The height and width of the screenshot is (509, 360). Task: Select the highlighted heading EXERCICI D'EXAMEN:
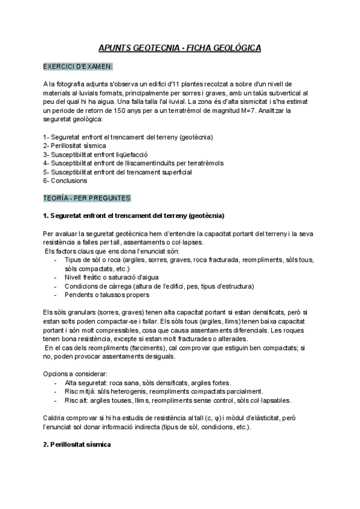coord(78,66)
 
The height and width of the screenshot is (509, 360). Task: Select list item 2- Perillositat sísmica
coord(75,145)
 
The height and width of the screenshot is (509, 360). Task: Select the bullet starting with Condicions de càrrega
coord(159,286)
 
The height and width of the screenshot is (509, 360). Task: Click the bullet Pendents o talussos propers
coord(107,295)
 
